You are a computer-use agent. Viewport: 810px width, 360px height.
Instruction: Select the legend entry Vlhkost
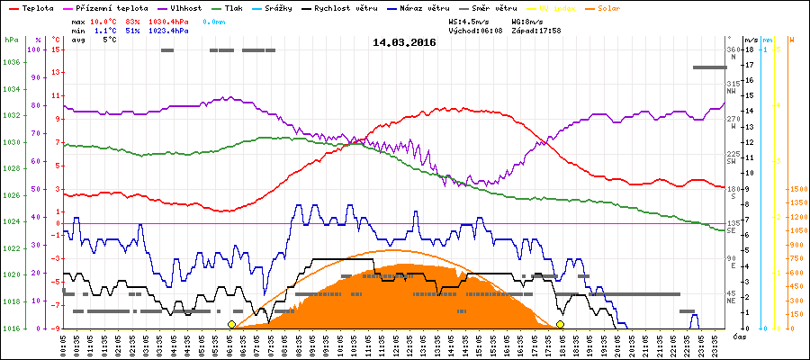coord(187,7)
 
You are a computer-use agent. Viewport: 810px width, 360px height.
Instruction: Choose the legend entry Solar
coord(621,7)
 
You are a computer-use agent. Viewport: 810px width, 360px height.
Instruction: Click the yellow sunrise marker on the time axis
coord(231,324)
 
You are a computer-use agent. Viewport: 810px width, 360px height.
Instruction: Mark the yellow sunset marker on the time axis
coord(560,324)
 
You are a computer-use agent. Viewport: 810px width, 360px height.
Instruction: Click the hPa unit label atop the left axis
coord(10,40)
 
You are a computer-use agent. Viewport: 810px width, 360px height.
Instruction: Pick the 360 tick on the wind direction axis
coord(732,49)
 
